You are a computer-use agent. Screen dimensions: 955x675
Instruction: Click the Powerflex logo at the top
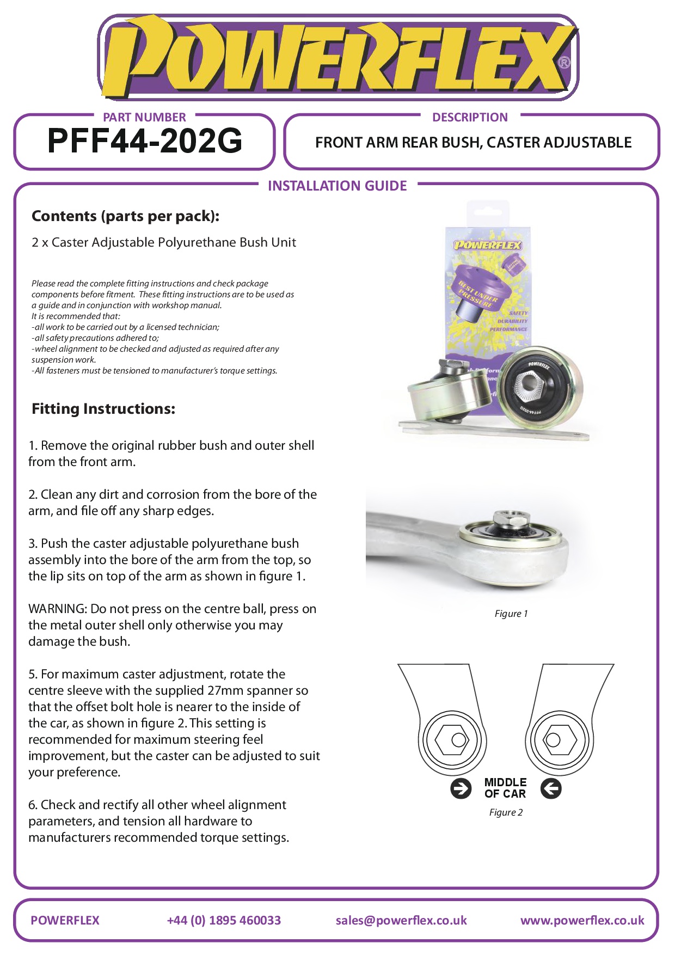[x=337, y=57]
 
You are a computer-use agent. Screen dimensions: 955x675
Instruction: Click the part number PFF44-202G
[x=145, y=141]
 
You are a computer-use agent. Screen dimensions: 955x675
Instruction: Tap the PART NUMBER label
[x=144, y=117]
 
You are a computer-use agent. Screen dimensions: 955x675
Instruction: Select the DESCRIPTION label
[x=470, y=117]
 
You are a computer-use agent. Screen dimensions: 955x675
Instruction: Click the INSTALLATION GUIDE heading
[x=337, y=186]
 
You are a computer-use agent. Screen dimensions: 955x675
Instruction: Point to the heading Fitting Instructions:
[x=103, y=409]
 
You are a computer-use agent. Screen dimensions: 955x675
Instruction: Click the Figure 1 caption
[x=511, y=614]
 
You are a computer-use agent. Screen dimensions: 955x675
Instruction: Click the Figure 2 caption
[x=506, y=812]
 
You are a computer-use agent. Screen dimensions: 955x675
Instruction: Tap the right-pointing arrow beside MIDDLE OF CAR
[x=461, y=788]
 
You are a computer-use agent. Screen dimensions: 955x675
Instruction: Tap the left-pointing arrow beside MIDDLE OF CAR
[x=551, y=788]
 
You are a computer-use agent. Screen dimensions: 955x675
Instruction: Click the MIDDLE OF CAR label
[x=505, y=788]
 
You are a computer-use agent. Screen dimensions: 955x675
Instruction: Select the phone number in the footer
[x=224, y=920]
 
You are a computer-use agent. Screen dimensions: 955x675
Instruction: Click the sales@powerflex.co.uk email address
[x=401, y=920]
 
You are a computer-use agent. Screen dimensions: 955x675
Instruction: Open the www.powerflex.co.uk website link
[x=582, y=920]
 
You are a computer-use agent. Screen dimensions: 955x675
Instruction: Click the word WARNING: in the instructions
[x=58, y=609]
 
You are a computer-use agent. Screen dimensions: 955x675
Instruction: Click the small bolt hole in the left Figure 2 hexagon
[x=459, y=739]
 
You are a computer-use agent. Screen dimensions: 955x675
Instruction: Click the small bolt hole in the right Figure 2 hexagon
[x=553, y=739]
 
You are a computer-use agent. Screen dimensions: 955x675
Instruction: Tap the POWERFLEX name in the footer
[x=65, y=920]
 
